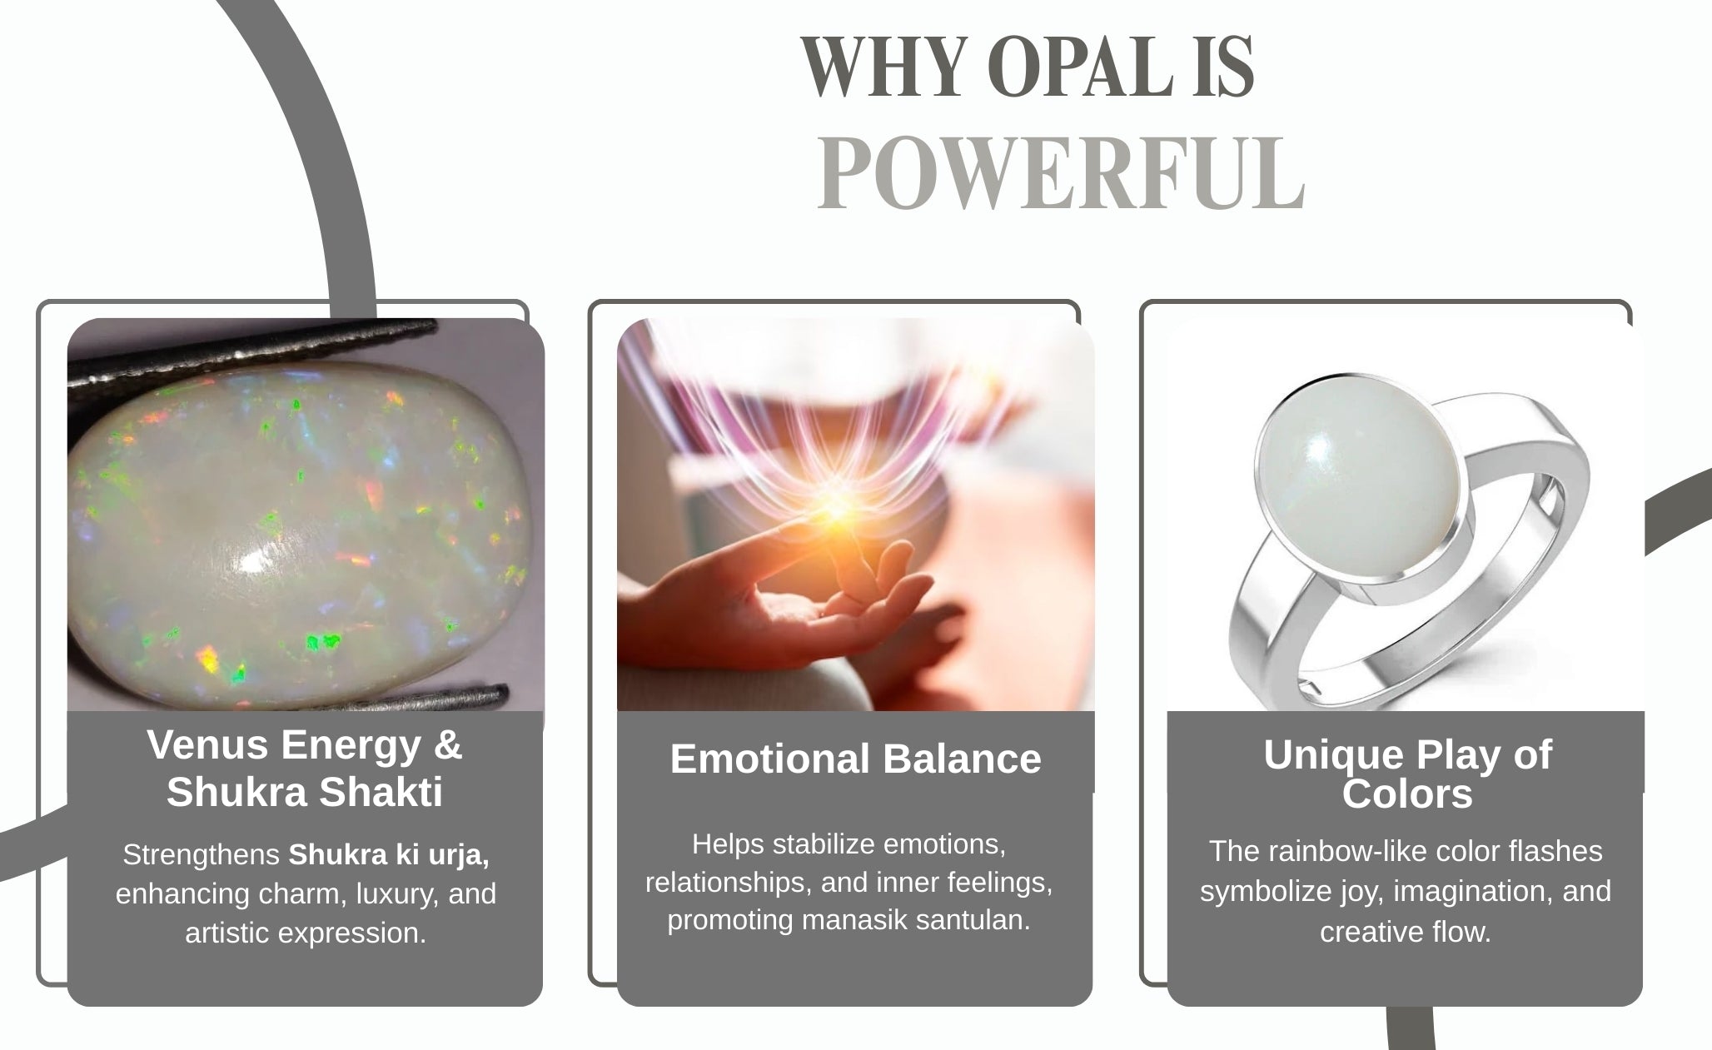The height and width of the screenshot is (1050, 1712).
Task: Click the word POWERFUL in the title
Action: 1061,173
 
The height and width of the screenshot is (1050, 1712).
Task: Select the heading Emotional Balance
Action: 855,759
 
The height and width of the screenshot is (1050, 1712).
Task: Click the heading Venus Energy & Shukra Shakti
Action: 305,768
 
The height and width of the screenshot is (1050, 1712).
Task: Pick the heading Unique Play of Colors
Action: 1407,774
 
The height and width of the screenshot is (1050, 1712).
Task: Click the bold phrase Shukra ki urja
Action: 389,855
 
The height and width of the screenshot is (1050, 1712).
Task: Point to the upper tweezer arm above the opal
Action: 250,354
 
